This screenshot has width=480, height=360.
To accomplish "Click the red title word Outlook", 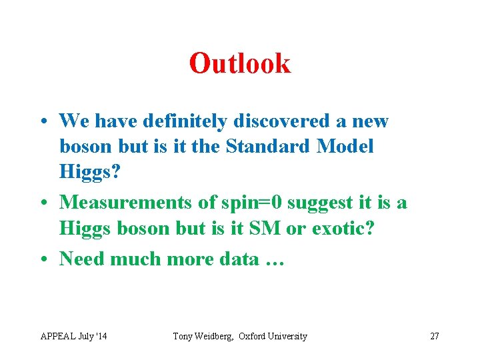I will tap(240, 64).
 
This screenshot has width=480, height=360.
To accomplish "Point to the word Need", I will tap(81, 259).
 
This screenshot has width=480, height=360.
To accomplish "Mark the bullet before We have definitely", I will tap(43, 122).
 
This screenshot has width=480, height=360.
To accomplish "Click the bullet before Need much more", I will tap(43, 259).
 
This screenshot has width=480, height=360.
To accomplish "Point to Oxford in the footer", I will tap(254, 336).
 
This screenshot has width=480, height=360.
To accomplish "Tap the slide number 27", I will tap(434, 336).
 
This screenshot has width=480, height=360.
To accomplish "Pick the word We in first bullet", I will tap(74, 121).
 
